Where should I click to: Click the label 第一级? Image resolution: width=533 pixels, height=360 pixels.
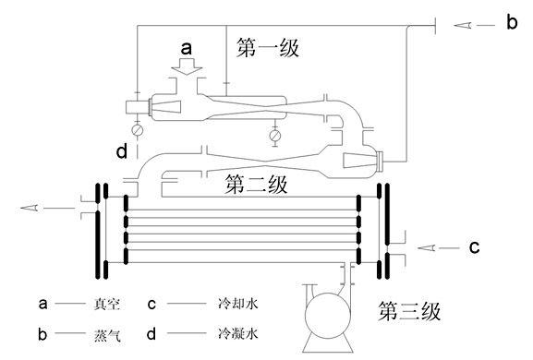point(268,48)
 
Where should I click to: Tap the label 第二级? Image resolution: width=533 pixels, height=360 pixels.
point(256,185)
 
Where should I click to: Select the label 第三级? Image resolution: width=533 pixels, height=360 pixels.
point(409,311)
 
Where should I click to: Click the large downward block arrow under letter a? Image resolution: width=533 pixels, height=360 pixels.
point(187,66)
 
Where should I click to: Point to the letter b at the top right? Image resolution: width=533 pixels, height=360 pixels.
point(512,22)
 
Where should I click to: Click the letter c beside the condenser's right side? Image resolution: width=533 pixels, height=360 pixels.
point(474,246)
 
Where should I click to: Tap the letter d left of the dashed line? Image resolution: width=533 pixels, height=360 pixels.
point(122,150)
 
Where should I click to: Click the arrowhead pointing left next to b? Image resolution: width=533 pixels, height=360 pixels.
point(463,25)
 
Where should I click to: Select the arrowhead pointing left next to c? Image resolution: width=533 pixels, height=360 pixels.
point(426,248)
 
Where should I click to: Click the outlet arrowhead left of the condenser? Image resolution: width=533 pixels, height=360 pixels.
point(30,208)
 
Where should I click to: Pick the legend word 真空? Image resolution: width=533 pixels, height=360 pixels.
point(107,304)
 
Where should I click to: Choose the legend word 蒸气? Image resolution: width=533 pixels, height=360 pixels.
point(107,335)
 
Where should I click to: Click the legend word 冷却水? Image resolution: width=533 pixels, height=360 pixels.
point(238,304)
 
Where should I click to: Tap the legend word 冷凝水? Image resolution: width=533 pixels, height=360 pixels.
point(238,334)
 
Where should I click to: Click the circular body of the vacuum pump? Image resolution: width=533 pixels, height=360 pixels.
point(328,316)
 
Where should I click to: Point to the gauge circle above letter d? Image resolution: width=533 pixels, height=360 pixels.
point(138,130)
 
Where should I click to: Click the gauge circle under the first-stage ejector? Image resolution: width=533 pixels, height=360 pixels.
point(275,136)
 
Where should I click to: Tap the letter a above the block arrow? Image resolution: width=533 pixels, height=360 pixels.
point(187,48)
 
